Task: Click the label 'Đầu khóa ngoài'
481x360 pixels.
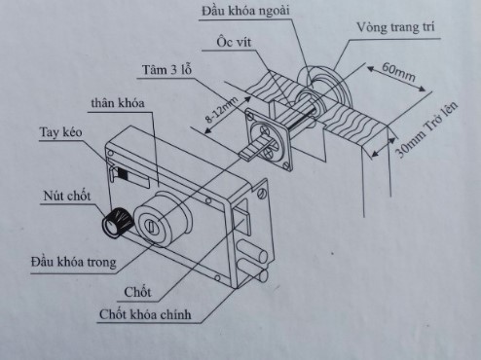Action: [x=245, y=11]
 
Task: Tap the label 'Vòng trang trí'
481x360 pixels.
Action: [x=395, y=27]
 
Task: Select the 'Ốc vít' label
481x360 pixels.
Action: [x=234, y=42]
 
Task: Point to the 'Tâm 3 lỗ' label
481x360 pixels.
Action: [x=167, y=70]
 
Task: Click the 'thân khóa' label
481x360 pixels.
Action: [x=118, y=103]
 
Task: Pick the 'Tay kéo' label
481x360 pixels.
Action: [x=60, y=132]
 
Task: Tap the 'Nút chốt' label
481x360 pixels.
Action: [x=67, y=196]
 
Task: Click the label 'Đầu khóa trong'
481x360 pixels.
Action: [x=74, y=262]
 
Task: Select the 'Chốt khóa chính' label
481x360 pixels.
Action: [x=145, y=314]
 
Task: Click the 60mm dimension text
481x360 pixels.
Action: [x=398, y=72]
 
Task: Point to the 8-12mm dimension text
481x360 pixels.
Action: [x=221, y=110]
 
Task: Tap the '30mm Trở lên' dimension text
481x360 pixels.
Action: [x=426, y=129]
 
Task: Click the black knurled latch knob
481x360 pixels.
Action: [x=118, y=223]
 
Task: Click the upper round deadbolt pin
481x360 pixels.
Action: [x=252, y=251]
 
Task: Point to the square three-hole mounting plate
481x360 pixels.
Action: [x=269, y=139]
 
